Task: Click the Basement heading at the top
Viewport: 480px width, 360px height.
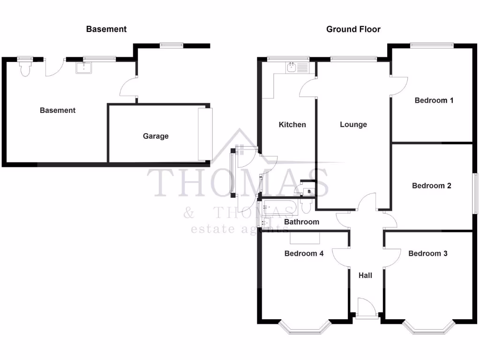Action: [106, 29]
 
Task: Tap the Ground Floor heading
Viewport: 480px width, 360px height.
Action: [353, 29]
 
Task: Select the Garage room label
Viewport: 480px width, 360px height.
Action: [156, 136]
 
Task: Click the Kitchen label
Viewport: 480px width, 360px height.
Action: [292, 125]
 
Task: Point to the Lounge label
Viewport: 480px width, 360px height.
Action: [353, 125]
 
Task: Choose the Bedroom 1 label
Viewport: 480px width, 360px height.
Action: [434, 100]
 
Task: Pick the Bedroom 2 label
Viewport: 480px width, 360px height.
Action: [431, 186]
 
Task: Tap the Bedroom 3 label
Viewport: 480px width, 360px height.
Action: [427, 254]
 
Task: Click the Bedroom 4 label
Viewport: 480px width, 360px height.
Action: [304, 254]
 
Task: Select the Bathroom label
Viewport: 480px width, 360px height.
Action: [301, 222]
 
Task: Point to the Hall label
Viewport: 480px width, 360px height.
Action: [365, 276]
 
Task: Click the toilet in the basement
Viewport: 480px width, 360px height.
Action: [25, 69]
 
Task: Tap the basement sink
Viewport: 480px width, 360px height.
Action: [84, 68]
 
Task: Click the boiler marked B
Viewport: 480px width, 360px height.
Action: [308, 191]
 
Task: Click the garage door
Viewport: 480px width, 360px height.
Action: [205, 134]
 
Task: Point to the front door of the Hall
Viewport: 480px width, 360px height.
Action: [366, 309]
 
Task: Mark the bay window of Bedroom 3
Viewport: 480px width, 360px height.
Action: [428, 328]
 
